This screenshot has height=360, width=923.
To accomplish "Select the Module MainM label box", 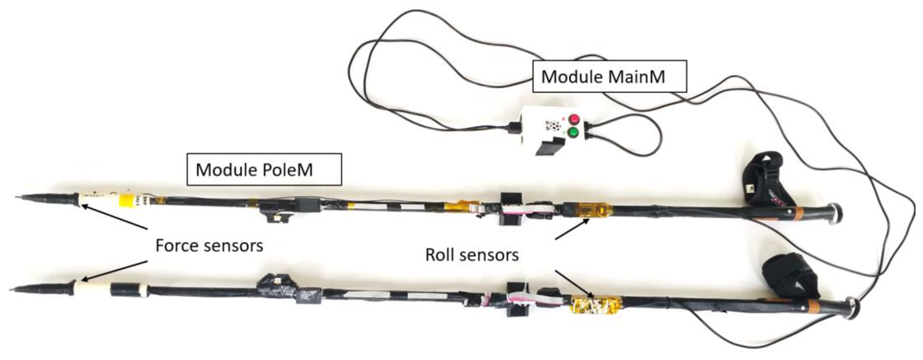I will [609, 77].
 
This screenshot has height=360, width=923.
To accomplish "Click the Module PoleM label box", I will [264, 169].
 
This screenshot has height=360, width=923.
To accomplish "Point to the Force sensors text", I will [209, 246].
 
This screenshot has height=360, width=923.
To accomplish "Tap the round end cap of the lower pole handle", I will [853, 308].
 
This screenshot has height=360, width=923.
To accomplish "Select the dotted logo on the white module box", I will [552, 126].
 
